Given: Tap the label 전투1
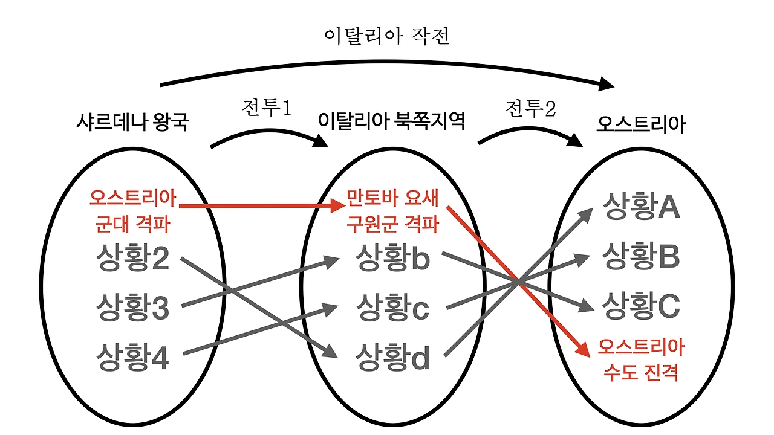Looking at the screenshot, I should pos(267,109).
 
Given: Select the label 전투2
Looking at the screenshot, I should pos(530,109).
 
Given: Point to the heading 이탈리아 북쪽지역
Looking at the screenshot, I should pos(392,123).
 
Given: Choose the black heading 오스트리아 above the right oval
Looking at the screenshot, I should pos(641,124).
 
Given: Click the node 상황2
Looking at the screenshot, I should pos(132,259).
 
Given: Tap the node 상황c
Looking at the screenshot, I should pos(392,308).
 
